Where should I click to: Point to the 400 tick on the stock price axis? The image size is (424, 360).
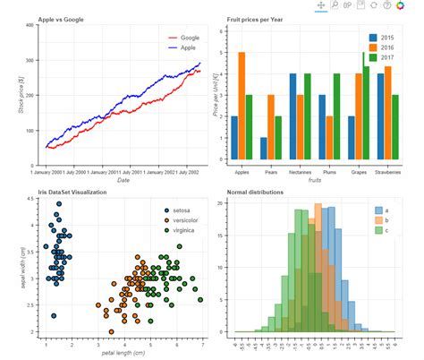pyautogui.click(x=30, y=25)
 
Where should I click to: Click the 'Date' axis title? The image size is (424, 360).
pyautogui.click(x=123, y=180)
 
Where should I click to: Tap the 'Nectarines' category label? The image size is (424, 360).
pyautogui.click(x=300, y=171)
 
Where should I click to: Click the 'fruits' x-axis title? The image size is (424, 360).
pyautogui.click(x=314, y=180)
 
